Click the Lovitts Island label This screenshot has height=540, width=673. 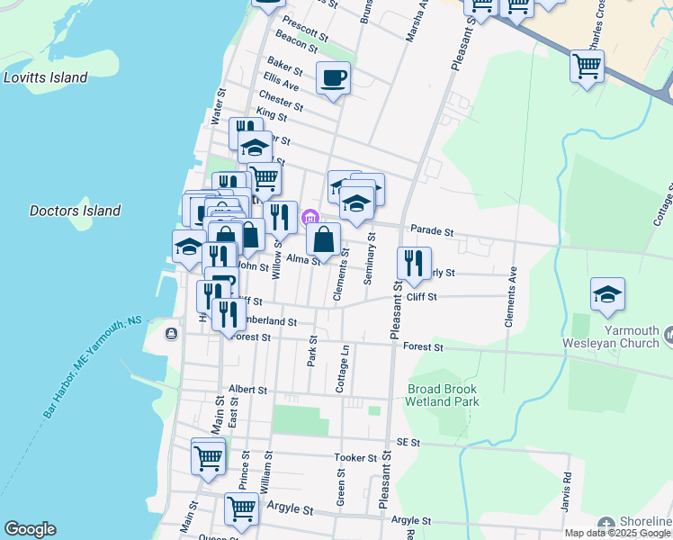[45, 77]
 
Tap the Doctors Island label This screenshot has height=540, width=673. [75, 211]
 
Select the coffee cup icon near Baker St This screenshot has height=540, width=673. [333, 78]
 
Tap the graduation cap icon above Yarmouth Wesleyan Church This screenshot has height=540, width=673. [607, 293]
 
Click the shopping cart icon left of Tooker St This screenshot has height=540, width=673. [208, 456]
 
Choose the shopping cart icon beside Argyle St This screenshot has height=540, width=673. [241, 508]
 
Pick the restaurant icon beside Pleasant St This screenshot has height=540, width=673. [414, 263]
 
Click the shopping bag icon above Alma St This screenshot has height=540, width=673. [323, 238]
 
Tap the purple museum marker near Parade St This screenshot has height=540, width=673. [310, 217]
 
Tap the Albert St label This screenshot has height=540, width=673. [248, 390]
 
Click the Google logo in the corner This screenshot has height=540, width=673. [30, 529]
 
